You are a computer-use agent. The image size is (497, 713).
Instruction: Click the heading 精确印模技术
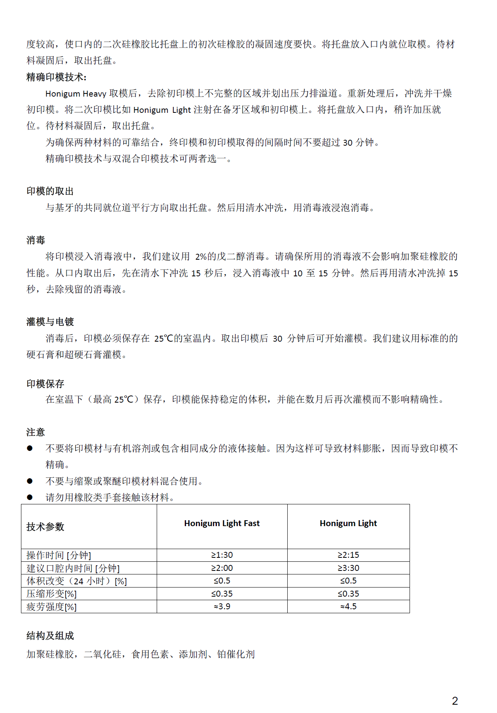click(x=56, y=77)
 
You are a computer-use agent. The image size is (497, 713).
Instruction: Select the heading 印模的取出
click(x=50, y=191)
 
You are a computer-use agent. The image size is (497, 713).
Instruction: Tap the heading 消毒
click(x=36, y=240)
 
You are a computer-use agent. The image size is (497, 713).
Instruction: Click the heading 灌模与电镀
click(x=50, y=322)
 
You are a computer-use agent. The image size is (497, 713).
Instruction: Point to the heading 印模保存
click(x=45, y=384)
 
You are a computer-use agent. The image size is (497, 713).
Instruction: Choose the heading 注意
click(x=36, y=432)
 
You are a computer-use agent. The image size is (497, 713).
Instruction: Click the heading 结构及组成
click(x=50, y=636)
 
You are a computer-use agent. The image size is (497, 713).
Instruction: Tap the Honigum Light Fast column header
click(x=222, y=523)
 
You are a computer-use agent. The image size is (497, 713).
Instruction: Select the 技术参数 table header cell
click(x=45, y=527)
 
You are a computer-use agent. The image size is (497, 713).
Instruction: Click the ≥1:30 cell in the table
click(x=222, y=555)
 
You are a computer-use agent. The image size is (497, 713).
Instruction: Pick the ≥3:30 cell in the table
click(x=348, y=568)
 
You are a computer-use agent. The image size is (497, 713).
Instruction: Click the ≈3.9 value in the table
click(x=222, y=607)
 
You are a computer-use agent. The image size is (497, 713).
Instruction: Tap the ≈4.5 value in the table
click(x=348, y=607)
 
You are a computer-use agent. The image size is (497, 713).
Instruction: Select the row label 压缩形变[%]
click(x=51, y=594)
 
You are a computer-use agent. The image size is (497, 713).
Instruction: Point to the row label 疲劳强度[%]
click(x=51, y=607)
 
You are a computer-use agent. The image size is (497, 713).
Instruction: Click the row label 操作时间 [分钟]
click(x=59, y=555)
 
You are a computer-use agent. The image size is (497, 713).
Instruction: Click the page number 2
click(x=455, y=701)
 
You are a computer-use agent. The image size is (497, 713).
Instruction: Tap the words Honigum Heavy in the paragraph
click(x=76, y=94)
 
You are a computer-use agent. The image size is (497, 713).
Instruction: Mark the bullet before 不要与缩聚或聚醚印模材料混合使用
click(x=30, y=481)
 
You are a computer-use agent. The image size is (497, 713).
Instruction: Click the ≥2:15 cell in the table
click(x=348, y=555)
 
